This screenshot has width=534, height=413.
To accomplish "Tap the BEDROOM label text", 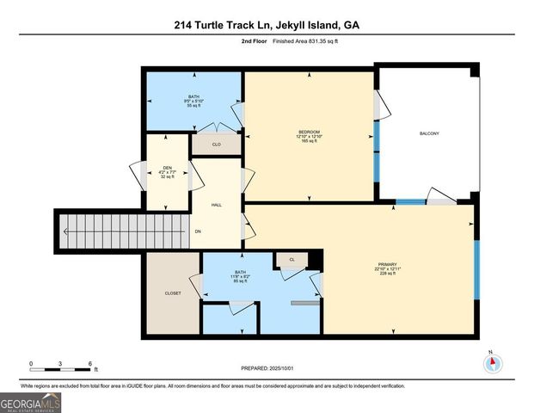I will click(x=310, y=131).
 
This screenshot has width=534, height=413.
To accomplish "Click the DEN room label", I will click(x=168, y=168).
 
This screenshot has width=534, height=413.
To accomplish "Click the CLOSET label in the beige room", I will click(x=173, y=293).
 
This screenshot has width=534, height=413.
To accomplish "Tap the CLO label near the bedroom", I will click(x=217, y=145).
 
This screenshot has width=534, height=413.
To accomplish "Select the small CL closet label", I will click(x=292, y=259).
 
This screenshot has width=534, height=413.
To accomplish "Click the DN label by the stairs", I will click(x=198, y=231).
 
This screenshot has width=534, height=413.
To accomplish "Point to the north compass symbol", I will click(x=492, y=362).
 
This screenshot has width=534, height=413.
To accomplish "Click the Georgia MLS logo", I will click(x=31, y=400).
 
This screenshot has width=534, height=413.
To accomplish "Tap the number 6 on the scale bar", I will click(x=89, y=364).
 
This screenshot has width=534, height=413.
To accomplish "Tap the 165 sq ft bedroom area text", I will click(x=310, y=141).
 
